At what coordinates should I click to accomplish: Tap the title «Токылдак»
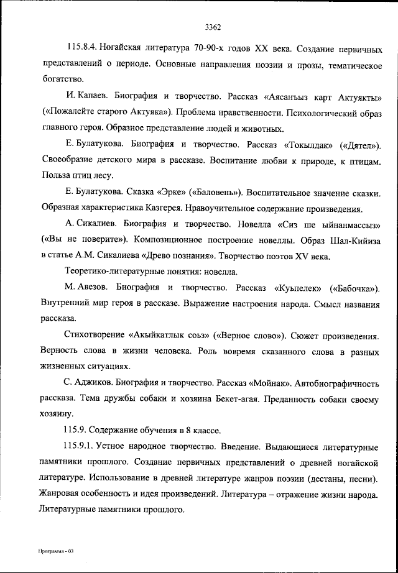(308, 145)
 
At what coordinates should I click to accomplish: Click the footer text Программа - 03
(55, 552)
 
